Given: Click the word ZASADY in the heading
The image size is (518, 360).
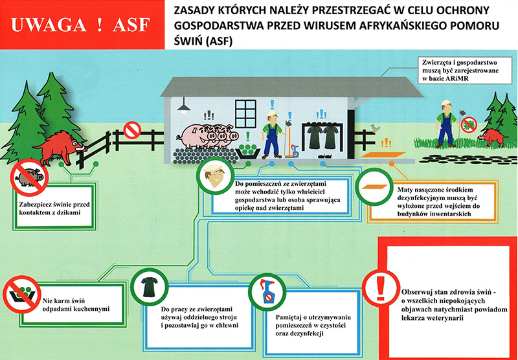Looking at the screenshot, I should coord(195,11).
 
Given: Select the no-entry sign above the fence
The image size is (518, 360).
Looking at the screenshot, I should coord(132,129).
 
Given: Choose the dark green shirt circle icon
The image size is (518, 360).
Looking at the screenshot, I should coord(148,287).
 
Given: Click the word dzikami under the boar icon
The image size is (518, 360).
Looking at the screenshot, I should coord(75,211).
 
